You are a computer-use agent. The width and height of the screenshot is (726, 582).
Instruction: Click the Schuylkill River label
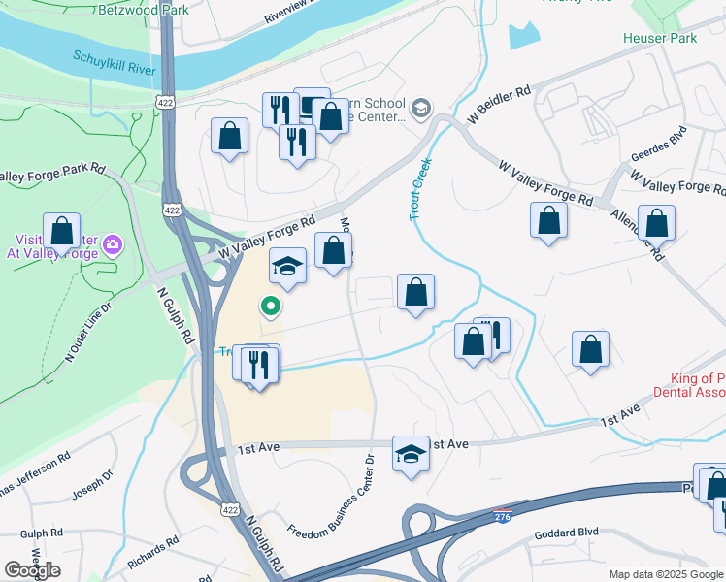point(115,64)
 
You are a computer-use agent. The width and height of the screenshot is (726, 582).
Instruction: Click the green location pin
point(272,307)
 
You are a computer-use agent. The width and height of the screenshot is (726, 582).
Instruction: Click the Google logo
point(32,570)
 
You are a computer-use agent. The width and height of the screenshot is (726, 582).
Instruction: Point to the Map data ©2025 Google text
point(666,574)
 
